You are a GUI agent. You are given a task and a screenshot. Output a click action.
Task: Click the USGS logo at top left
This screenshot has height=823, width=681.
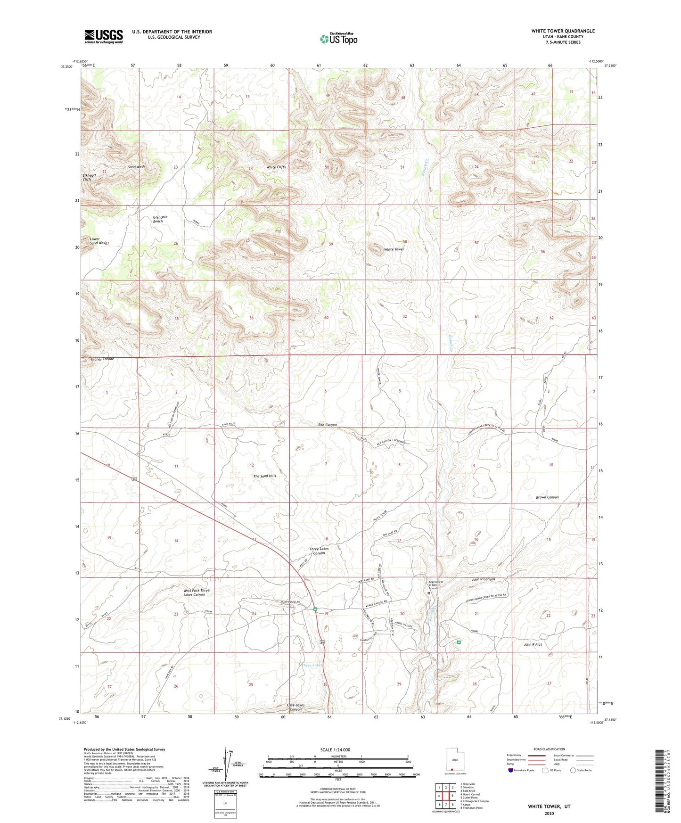point(104,36)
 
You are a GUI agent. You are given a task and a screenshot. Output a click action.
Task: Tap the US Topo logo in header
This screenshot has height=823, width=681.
point(338,39)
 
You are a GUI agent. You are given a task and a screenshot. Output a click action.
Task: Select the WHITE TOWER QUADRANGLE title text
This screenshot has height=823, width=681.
point(563,31)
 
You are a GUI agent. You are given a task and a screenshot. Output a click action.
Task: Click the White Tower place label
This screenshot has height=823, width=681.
point(394,249)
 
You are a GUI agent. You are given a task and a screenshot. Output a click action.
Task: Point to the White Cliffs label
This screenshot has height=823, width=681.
point(276,167)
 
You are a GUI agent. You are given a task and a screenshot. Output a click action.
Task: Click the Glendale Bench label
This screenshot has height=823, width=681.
point(160,219)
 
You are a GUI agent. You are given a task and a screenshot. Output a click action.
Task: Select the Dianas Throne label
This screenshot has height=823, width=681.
point(102,359)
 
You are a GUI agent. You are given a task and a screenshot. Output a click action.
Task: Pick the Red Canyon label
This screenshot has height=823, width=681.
point(328,425)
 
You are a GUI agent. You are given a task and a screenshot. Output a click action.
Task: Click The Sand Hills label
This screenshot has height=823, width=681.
point(265,476)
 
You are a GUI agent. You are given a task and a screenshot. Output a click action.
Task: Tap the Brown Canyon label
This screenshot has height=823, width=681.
point(547,497)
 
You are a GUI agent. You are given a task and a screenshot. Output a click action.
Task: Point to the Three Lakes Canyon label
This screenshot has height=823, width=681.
point(319,551)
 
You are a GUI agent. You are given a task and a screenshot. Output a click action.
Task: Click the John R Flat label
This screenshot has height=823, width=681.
point(533,644)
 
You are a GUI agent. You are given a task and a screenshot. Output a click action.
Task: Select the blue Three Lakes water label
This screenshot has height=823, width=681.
point(312,665)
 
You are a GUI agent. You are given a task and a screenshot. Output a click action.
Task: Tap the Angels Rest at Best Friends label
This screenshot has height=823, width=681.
point(433,584)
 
